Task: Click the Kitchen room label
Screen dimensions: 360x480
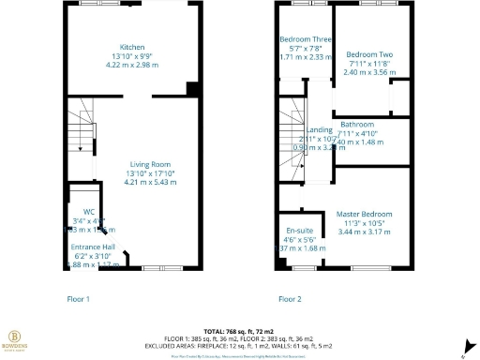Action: (x=131, y=48)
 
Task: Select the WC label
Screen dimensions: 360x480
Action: (x=89, y=211)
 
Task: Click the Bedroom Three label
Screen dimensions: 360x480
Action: (x=305, y=39)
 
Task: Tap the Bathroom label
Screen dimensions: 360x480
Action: (x=357, y=125)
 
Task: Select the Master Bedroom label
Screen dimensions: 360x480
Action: (x=364, y=215)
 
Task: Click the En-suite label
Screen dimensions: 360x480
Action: (x=297, y=230)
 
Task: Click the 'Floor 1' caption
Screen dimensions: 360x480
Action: (x=78, y=299)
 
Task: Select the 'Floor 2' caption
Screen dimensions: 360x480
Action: (x=290, y=299)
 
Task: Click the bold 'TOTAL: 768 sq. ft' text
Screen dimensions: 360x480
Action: (x=238, y=332)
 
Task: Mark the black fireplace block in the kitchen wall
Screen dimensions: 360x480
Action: (x=192, y=89)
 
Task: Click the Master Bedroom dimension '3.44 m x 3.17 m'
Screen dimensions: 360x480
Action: (x=364, y=232)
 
